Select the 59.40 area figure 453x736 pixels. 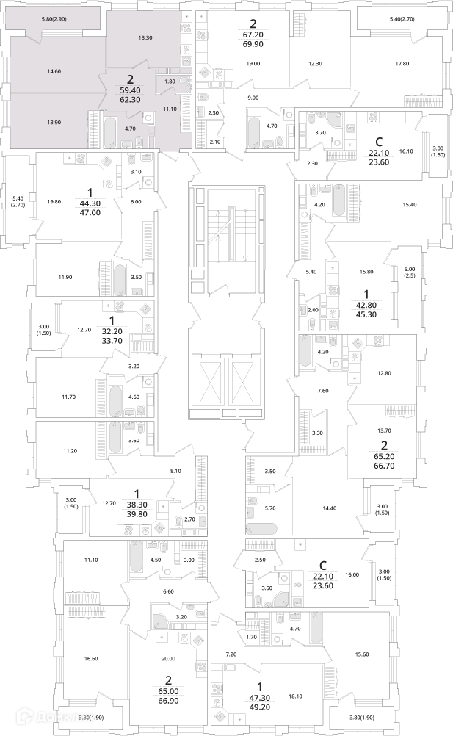pyautogui.click(x=131, y=91)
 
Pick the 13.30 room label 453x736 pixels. pyautogui.click(x=145, y=37)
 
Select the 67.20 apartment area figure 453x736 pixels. pyautogui.click(x=253, y=34)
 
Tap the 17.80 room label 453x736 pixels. pyautogui.click(x=401, y=63)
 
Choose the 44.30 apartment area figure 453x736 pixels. pyautogui.click(x=90, y=205)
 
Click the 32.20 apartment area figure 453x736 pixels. pyautogui.click(x=112, y=330)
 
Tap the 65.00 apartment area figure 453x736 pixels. pyautogui.click(x=169, y=690)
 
